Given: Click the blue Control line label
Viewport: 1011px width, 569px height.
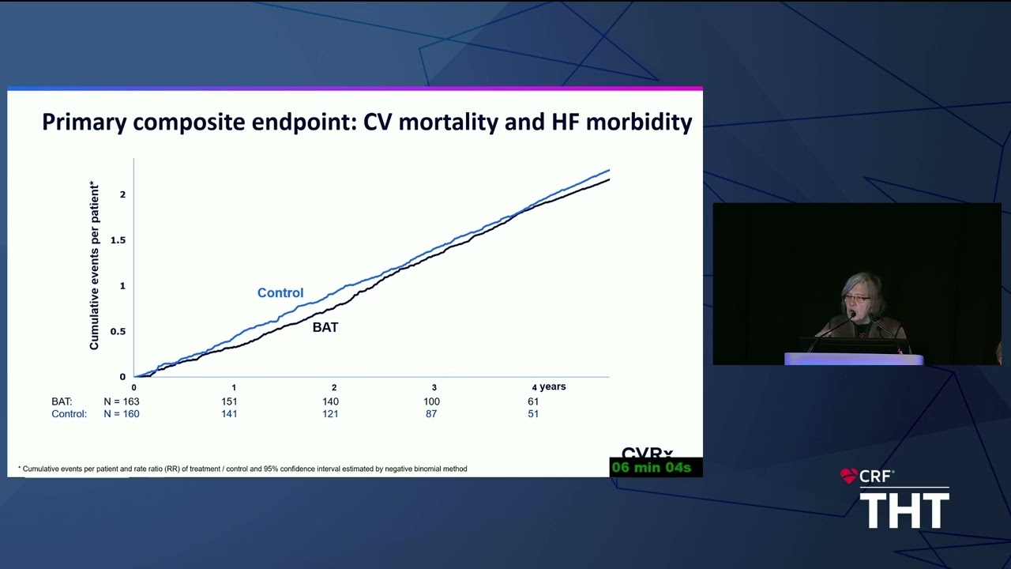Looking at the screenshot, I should [280, 292].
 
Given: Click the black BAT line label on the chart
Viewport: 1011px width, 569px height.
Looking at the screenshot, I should [325, 327].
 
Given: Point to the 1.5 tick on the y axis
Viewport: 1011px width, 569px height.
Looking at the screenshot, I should [118, 240].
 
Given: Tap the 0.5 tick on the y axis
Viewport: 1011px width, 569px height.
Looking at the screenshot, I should [118, 331].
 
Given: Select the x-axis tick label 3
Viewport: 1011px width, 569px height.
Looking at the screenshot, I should [434, 387].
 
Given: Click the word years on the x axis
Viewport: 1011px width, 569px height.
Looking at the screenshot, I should [553, 386].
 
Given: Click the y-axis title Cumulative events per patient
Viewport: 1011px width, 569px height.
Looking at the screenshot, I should [94, 266].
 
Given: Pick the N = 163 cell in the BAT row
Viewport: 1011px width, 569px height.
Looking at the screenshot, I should [122, 401].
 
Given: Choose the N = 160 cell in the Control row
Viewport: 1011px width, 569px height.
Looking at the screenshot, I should [122, 413].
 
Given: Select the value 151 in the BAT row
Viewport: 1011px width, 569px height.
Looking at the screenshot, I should [229, 401].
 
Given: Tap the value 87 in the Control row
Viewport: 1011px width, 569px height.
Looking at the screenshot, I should [431, 413].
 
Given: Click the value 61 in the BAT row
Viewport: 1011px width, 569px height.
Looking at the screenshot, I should [533, 401].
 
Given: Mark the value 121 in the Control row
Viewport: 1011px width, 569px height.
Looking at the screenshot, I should [330, 413].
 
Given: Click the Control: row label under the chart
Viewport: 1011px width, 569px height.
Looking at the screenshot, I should [69, 413].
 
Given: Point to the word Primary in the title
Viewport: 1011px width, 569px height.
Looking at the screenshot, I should [84, 122].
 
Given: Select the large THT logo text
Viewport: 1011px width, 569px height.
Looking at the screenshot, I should [904, 510].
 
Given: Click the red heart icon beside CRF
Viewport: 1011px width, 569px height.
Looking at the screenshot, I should [848, 476].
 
